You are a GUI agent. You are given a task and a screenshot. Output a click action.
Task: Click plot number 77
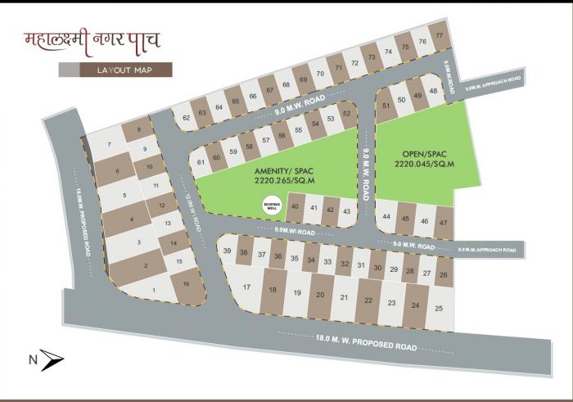(440, 36)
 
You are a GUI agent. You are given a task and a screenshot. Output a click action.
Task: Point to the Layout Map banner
(125, 70)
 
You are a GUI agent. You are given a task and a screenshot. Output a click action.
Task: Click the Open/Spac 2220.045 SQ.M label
(423, 159)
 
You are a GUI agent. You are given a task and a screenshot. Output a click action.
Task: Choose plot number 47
(443, 221)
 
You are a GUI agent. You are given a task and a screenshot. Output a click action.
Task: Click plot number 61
(201, 162)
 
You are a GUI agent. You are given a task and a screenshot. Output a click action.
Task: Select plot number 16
(187, 283)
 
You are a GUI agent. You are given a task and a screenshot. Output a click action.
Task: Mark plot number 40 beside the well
(296, 207)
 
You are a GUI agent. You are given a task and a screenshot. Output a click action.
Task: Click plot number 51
(386, 105)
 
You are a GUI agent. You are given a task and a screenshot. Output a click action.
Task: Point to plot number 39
(228, 251)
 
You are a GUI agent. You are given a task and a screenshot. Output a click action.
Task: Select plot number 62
(187, 118)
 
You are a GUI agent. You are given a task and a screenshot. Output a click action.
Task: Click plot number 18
(273, 290)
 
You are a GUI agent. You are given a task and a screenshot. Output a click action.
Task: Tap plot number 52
(347, 113)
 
